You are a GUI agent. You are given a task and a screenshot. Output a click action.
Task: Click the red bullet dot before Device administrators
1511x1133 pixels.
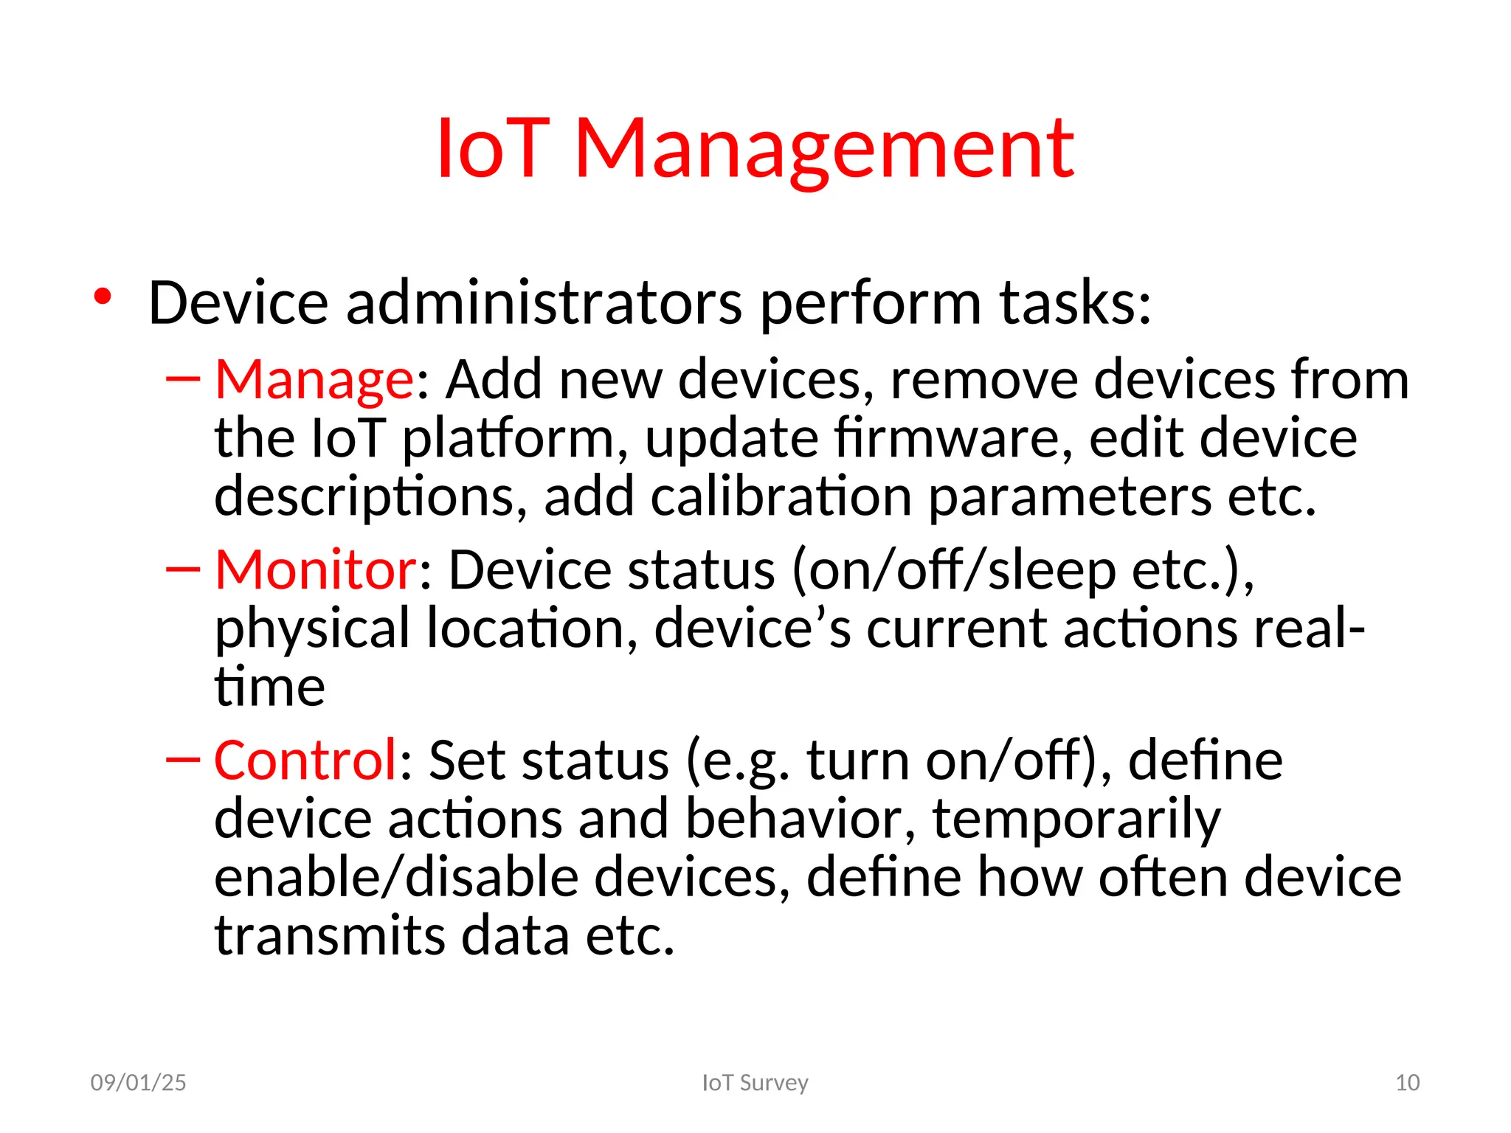(103, 297)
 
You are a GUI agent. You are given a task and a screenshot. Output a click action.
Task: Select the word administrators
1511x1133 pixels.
(544, 303)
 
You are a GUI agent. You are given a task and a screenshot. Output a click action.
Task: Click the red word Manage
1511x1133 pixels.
(314, 380)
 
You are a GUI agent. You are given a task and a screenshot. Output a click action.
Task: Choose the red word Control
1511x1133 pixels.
(305, 760)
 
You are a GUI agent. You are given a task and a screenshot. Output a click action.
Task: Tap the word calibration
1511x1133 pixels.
(781, 496)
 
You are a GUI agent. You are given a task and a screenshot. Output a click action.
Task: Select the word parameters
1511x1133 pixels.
(1069, 496)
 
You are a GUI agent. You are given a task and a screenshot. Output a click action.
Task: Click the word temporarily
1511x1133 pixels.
(1076, 820)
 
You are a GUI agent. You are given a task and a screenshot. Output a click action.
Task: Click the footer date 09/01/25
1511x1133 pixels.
(138, 1083)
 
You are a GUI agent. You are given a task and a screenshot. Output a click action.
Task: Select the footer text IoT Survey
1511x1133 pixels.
(755, 1083)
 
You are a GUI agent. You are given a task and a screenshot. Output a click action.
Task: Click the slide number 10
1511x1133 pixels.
(1407, 1083)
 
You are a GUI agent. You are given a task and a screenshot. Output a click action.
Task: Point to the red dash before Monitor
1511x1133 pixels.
(183, 569)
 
